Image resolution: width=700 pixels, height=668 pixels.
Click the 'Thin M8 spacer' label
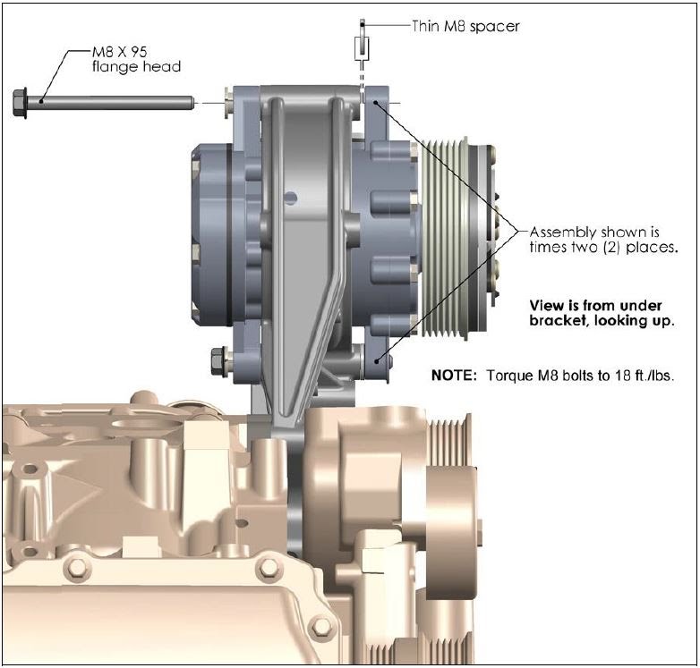(465, 26)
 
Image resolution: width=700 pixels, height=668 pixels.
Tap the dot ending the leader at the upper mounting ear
(377, 105)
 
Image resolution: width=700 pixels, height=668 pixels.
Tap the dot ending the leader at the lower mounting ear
(380, 359)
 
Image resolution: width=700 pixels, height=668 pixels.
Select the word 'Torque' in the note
(508, 376)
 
